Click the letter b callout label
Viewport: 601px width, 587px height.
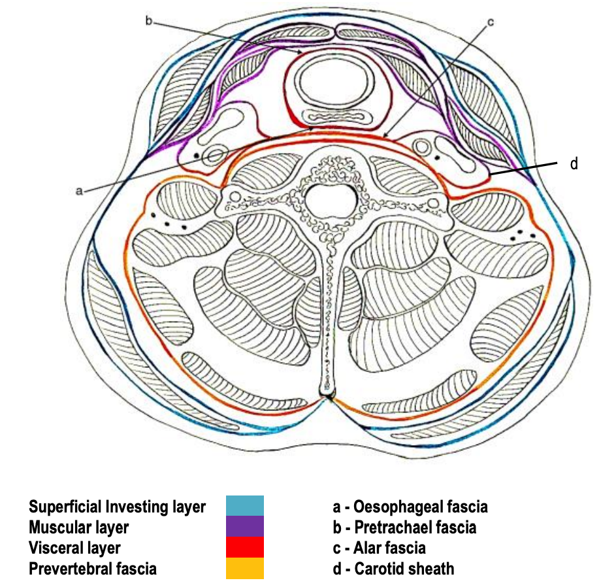(149, 21)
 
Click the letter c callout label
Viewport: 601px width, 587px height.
(490, 22)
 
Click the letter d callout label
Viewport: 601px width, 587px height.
(574, 163)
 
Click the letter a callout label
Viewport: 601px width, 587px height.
(79, 190)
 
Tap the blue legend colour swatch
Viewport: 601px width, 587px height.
(245, 506)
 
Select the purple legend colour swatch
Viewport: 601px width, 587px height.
(245, 527)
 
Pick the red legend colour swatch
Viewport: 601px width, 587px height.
(245, 548)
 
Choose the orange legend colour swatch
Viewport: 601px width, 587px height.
(245, 569)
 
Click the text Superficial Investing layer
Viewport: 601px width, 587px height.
(117, 507)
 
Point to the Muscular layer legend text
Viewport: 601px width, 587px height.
(79, 527)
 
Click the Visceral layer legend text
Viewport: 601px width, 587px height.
(74, 548)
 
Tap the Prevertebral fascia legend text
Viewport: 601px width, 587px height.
(93, 569)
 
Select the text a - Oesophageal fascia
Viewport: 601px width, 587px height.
(410, 507)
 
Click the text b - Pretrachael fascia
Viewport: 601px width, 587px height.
(404, 527)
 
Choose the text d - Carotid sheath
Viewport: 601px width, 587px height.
(393, 569)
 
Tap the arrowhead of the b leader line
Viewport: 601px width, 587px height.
(301, 52)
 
